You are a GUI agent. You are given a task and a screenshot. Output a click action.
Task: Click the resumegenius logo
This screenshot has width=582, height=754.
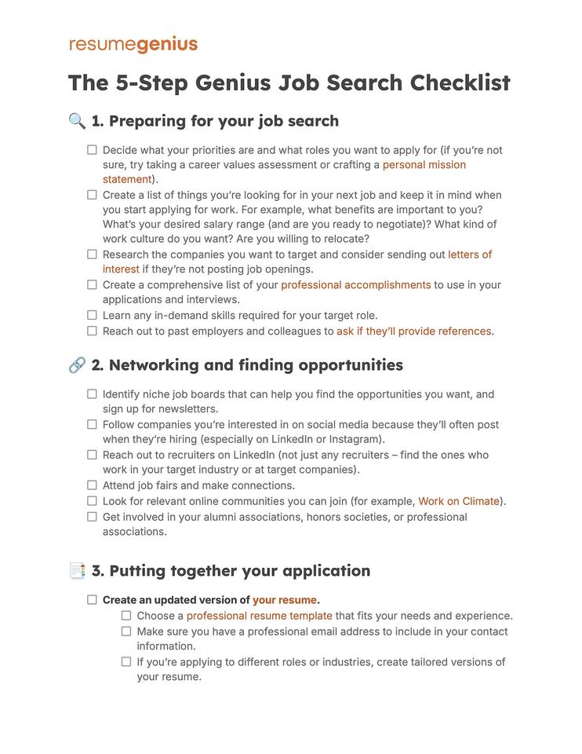[x=133, y=44]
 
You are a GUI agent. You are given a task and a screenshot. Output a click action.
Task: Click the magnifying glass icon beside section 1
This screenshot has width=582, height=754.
[x=77, y=121]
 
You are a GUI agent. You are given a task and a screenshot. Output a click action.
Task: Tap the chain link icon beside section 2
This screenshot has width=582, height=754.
[x=77, y=365]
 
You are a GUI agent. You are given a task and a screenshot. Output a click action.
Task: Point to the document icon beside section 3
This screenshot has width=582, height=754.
[x=77, y=571]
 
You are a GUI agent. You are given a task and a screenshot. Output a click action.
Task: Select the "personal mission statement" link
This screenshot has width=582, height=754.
[x=424, y=165]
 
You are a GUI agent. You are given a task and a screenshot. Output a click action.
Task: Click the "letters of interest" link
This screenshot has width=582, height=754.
[x=470, y=254]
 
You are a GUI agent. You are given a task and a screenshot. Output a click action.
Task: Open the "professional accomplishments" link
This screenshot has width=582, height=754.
[x=355, y=285]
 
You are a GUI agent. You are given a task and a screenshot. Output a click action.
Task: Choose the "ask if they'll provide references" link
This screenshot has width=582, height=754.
[x=413, y=331]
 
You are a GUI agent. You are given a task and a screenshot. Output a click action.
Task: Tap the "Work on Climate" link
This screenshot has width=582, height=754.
[x=459, y=501]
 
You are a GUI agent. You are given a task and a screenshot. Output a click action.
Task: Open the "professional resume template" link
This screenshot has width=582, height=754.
[x=259, y=616]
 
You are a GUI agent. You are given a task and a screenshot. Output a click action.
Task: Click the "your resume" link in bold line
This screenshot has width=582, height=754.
[x=285, y=600]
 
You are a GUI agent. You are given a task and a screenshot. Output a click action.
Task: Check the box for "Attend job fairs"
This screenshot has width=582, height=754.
[x=92, y=485]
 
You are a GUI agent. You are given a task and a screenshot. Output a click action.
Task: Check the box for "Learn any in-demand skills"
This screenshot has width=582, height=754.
[x=92, y=316]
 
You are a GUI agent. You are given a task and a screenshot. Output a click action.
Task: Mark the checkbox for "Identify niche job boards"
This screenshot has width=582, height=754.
[x=92, y=394]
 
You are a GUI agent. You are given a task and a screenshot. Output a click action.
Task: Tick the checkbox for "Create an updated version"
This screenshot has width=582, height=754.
[x=92, y=600]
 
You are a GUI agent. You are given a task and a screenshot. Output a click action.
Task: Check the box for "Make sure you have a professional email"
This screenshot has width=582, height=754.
[x=126, y=631]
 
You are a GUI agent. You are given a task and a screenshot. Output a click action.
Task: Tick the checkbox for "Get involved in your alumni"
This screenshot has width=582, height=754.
[x=92, y=517]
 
